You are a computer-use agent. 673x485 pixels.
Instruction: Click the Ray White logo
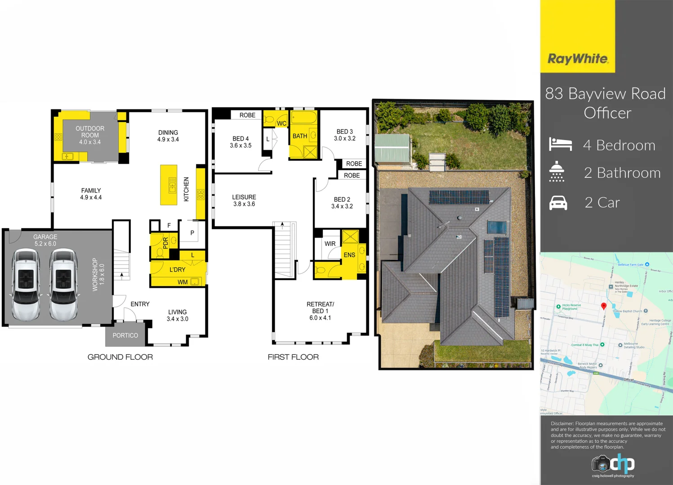[578, 59]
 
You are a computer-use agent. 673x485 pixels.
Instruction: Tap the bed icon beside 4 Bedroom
[560, 145]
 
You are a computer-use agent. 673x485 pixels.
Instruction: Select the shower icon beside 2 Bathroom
[557, 172]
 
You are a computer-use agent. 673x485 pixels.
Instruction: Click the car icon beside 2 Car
[558, 203]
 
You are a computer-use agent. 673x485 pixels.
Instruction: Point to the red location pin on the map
[604, 306]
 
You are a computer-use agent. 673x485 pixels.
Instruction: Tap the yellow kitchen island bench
[169, 185]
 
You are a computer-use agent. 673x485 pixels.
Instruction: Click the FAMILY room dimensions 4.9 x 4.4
[91, 198]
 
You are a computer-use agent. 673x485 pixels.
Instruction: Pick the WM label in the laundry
[183, 282]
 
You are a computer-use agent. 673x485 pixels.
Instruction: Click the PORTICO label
[125, 335]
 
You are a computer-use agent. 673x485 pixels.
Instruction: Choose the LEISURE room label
[244, 197]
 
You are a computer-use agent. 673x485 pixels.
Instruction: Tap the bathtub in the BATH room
[304, 119]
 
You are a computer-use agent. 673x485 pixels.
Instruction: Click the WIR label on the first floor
[330, 244]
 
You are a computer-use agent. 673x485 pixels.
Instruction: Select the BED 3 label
[344, 132]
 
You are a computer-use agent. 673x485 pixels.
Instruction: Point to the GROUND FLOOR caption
[120, 357]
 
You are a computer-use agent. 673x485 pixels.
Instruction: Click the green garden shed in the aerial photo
[392, 148]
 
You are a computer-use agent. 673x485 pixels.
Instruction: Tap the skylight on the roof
[496, 227]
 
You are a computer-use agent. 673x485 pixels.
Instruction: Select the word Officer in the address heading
[607, 113]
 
